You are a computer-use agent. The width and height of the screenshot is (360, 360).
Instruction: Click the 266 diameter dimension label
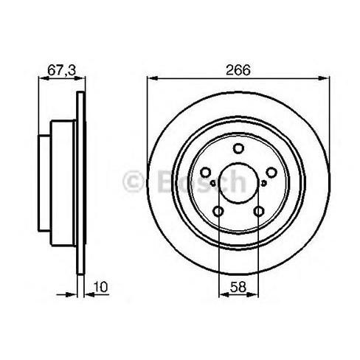pos(238,70)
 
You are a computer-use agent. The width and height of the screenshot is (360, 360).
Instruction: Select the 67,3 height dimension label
pos(62,70)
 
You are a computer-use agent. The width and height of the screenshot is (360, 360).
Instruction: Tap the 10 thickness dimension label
pos(100,287)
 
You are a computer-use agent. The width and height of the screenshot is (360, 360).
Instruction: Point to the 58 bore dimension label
pos(238,287)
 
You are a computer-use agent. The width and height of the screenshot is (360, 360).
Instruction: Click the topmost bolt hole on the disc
pos(238,148)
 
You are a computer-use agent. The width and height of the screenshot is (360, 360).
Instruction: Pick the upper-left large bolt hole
pos(205,173)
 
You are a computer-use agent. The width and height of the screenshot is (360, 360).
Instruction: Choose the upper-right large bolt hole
pos(271,173)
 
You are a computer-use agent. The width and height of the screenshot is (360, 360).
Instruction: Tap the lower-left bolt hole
pos(218,211)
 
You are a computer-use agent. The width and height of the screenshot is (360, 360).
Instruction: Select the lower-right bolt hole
pos(259,211)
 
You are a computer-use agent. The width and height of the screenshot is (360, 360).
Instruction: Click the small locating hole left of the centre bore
pos(213,183)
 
